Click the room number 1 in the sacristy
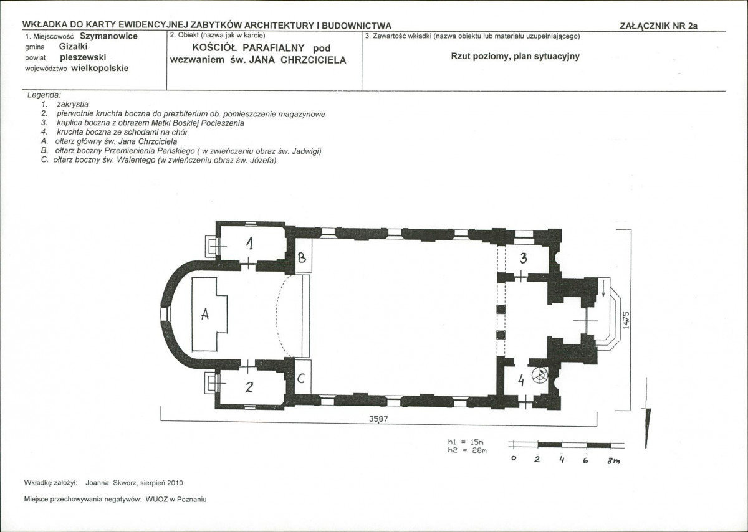[250, 244]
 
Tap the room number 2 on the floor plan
[249, 387]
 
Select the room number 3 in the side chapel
[524, 258]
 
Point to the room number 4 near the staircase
[520, 381]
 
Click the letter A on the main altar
[205, 314]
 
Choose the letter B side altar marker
[302, 258]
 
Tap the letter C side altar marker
[301, 378]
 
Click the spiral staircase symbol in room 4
[540, 375]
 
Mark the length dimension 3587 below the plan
[378, 419]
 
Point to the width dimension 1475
[626, 320]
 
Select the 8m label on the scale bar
[613, 461]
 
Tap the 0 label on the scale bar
[514, 458]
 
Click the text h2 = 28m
[467, 450]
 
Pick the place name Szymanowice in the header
[108, 36]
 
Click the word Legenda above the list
[44, 95]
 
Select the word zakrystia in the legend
[72, 105]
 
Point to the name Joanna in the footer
[97, 483]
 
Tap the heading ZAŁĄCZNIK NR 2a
[658, 26]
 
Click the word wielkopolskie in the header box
[100, 69]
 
